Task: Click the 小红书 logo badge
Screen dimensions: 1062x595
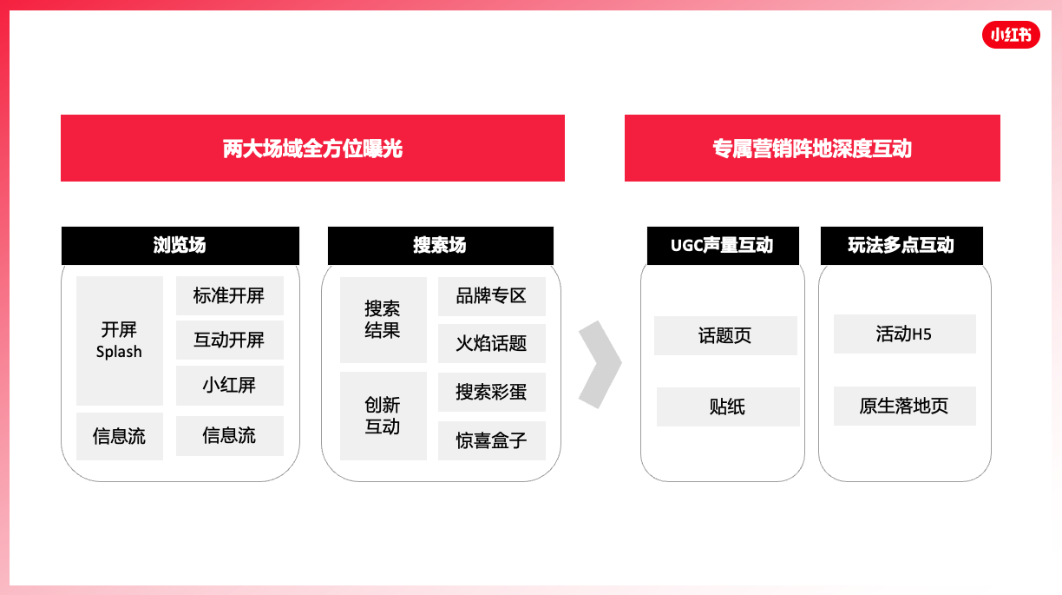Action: [1011, 35]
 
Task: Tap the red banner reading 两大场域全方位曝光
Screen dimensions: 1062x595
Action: [312, 148]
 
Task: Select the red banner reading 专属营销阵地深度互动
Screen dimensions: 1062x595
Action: [812, 148]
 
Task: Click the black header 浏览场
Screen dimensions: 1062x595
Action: [180, 245]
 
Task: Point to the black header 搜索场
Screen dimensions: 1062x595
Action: [441, 245]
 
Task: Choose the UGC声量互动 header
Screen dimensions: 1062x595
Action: [723, 245]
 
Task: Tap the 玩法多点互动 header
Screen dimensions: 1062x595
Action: [901, 245]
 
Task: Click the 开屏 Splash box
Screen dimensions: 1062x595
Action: [120, 340]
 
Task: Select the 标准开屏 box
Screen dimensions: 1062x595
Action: [230, 295]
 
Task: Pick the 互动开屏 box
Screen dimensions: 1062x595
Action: [230, 340]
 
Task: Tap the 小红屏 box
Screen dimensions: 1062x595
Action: [230, 386]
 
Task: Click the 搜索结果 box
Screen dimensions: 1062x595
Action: [383, 320]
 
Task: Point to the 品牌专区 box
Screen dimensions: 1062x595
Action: [492, 296]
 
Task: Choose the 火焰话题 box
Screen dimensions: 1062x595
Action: [492, 343]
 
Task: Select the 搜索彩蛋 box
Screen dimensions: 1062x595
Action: [492, 392]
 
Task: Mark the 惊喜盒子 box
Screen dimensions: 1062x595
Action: [492, 440]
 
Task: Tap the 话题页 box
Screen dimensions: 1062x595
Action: [725, 335]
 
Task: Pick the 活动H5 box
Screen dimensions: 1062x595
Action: [905, 334]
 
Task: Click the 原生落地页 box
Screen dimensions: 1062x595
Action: [905, 406]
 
